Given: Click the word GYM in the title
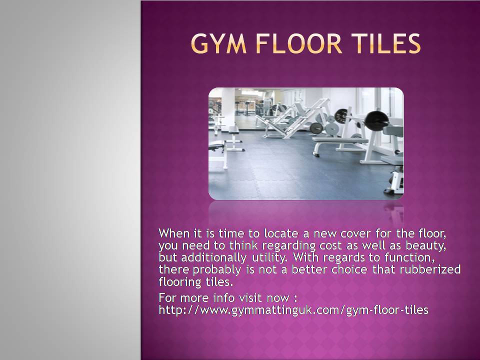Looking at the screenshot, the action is (x=219, y=43).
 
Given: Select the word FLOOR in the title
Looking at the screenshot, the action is (x=299, y=43).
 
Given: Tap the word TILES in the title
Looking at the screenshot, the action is (x=385, y=43).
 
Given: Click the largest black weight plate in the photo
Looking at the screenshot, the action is (x=376, y=121).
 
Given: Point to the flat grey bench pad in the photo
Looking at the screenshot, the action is (x=340, y=140).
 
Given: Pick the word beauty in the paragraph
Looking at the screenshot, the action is (x=425, y=246).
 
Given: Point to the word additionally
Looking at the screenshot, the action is (x=213, y=257).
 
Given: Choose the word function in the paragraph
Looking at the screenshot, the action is (x=409, y=257).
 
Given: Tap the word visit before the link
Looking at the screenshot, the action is (x=250, y=298).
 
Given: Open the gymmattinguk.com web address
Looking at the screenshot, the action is (x=293, y=310).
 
